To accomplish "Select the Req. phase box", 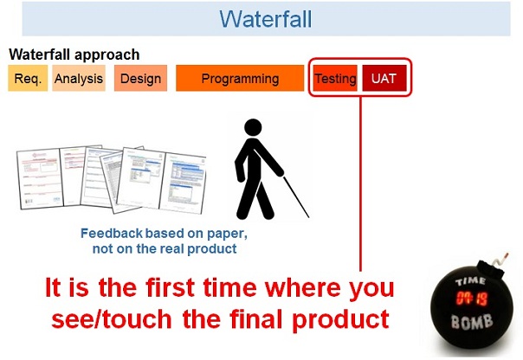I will [28, 79].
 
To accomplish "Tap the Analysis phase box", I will [78, 79].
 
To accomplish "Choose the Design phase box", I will [140, 79].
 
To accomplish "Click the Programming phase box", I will [240, 79].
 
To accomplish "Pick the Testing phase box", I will [335, 79].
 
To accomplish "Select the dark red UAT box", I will [384, 79].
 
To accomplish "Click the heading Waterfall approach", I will [74, 55].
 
